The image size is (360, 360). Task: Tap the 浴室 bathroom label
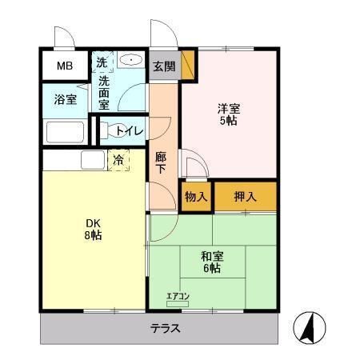click(x=66, y=100)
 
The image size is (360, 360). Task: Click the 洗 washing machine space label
click(x=102, y=62)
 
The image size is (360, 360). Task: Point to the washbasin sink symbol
click(x=130, y=61)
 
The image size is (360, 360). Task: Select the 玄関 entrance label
click(x=164, y=66)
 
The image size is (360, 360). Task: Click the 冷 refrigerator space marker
click(x=118, y=160)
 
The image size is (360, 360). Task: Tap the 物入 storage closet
click(x=196, y=197)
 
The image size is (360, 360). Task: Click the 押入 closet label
click(x=245, y=197)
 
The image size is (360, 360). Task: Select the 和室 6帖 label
click(x=212, y=262)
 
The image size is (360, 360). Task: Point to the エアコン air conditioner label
click(x=178, y=296)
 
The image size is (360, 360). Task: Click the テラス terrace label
click(x=165, y=329)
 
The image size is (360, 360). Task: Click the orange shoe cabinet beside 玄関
click(x=188, y=66)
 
